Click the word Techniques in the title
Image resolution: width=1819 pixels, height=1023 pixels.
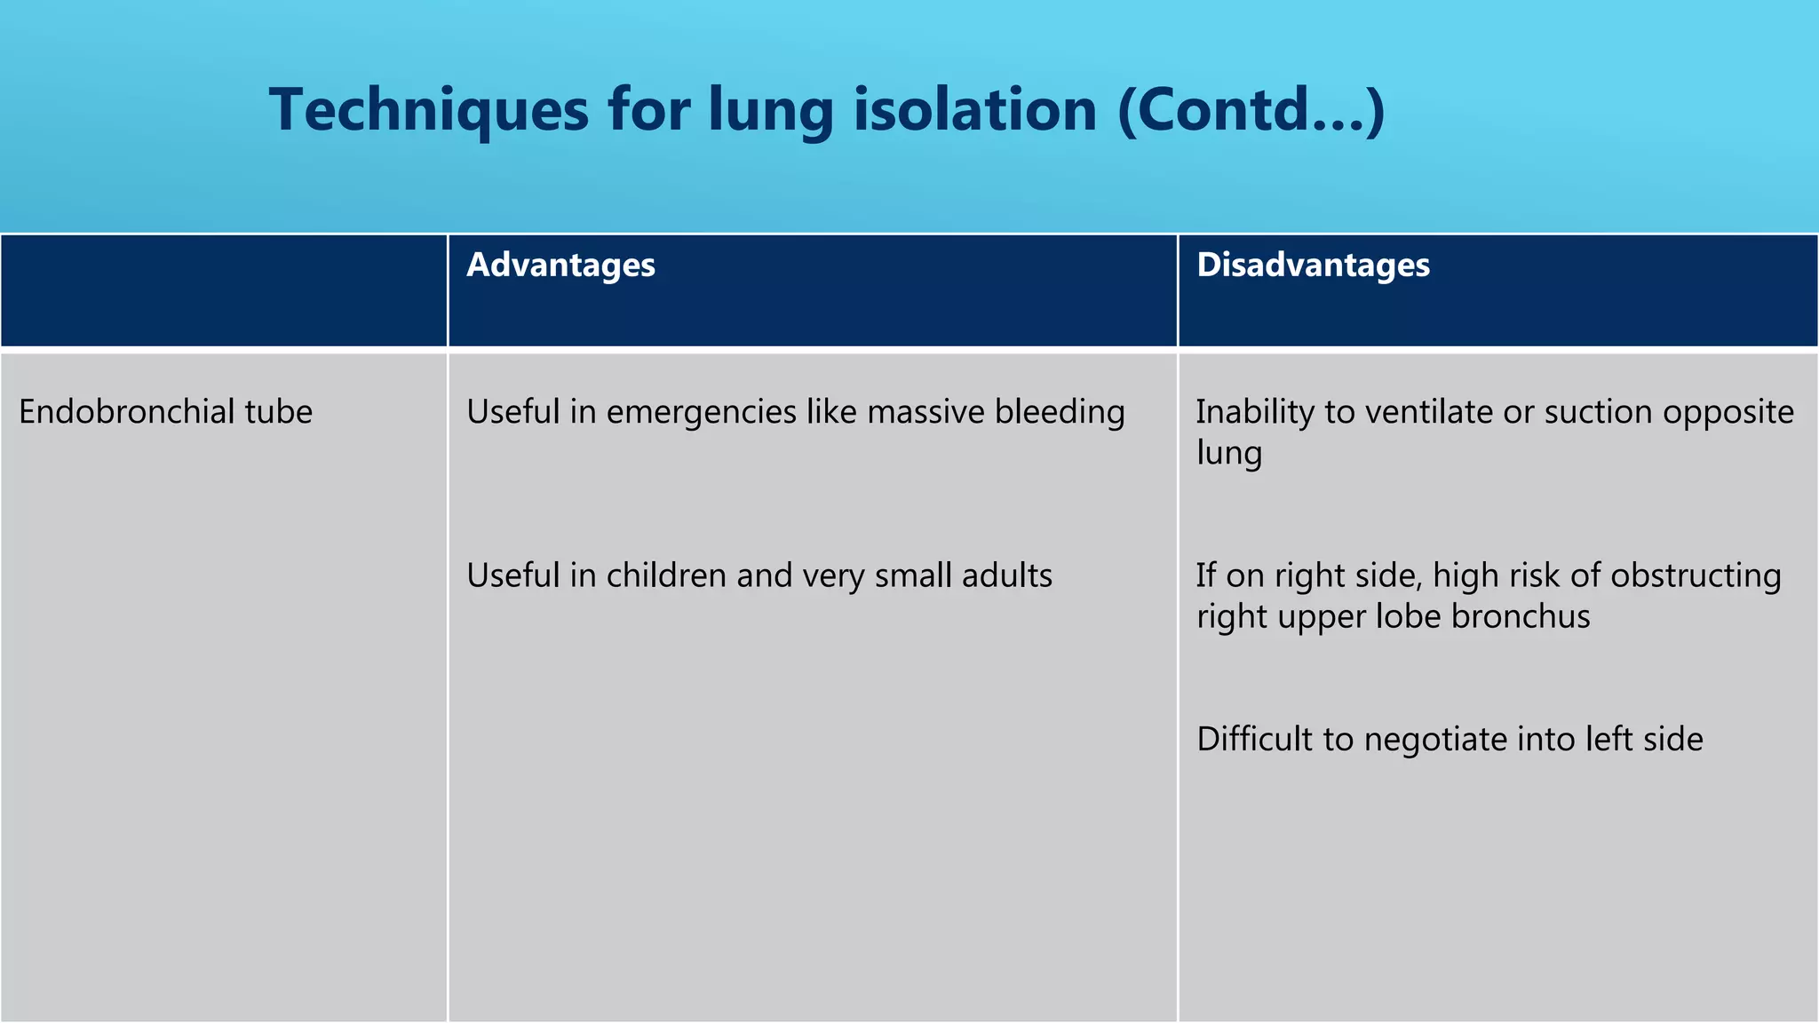(429, 110)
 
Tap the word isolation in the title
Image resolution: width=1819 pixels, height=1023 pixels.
(974, 110)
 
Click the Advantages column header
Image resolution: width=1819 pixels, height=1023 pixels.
(560, 266)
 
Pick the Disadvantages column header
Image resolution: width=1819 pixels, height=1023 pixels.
(1313, 266)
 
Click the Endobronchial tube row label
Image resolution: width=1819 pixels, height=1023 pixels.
(165, 412)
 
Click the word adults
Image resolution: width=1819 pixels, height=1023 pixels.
(1007, 575)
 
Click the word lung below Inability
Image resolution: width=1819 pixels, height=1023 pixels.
(1228, 454)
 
